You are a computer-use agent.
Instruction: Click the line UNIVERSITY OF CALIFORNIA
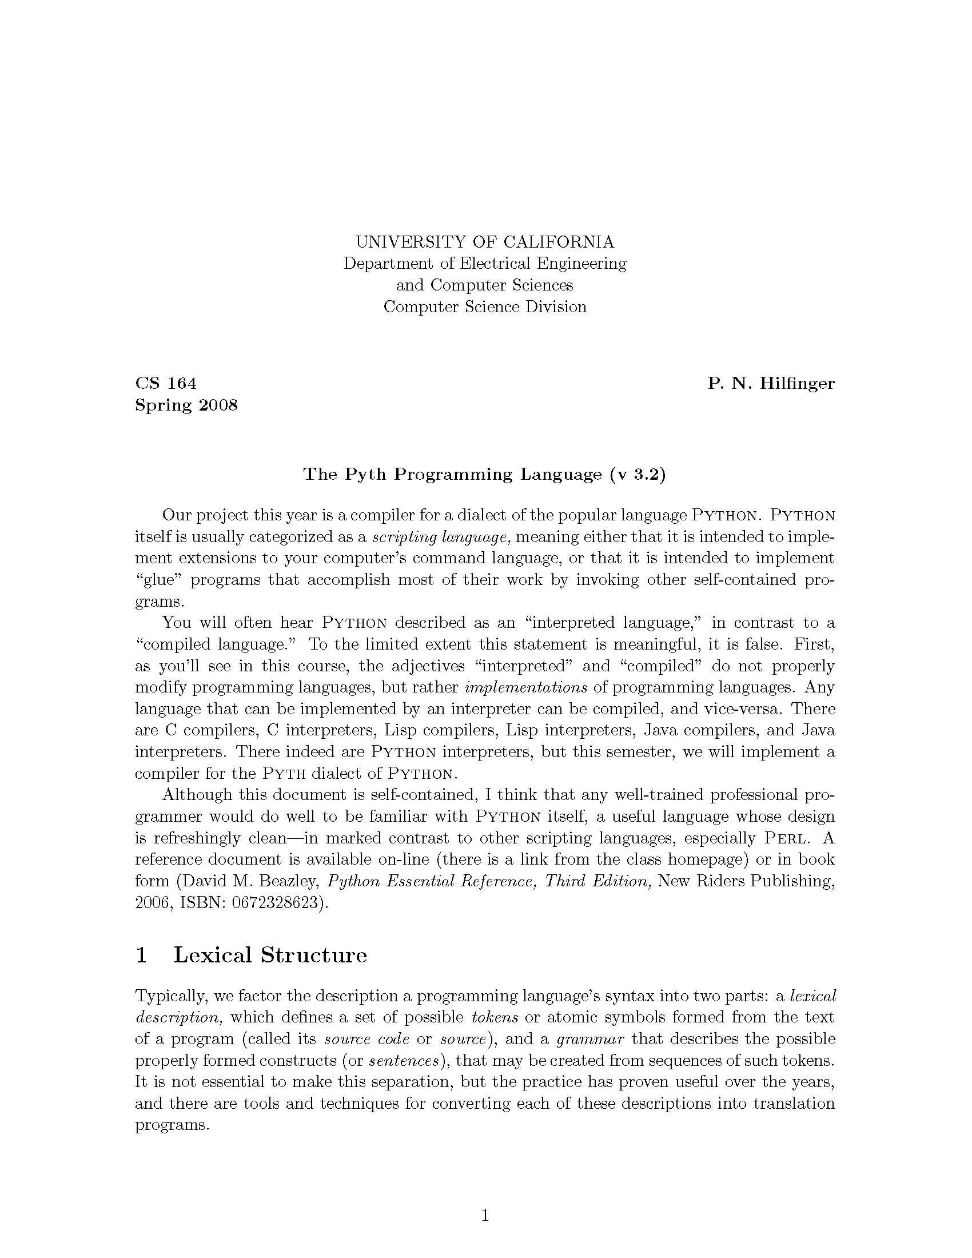click(485, 241)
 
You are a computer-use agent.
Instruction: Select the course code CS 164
click(166, 383)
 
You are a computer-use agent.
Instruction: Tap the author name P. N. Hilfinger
click(771, 383)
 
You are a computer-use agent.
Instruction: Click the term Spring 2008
click(186, 405)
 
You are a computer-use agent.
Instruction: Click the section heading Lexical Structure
click(270, 954)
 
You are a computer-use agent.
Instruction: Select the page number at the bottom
click(485, 1215)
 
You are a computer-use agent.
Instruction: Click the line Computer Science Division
click(485, 306)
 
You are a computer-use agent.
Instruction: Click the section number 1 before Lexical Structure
click(141, 955)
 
